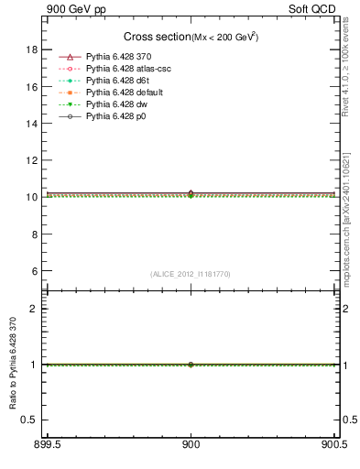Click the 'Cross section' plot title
(156, 37)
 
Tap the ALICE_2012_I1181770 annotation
(191, 273)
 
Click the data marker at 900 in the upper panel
(191, 194)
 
